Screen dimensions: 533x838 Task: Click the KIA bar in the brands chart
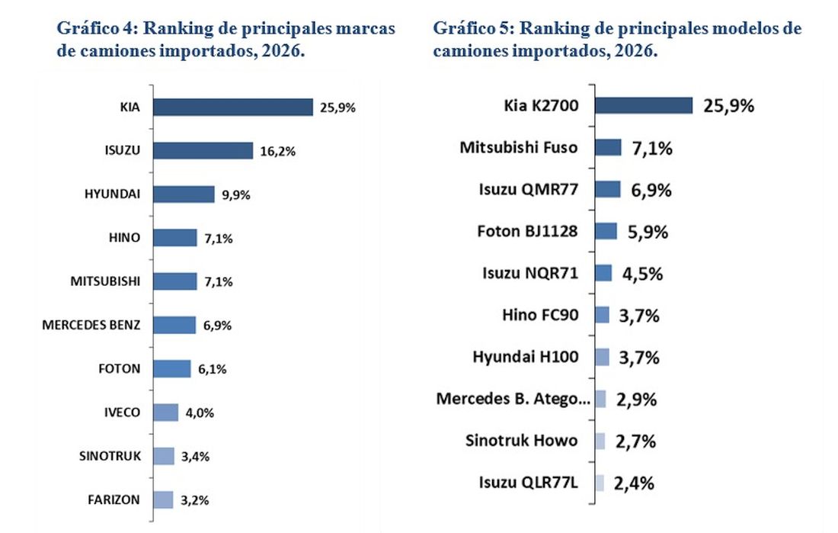pos(232,107)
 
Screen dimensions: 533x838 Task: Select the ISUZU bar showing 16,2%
pos(203,151)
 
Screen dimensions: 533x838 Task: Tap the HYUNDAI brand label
pos(113,194)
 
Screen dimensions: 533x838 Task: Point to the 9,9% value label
pos(236,194)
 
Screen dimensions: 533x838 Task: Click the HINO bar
pos(174,238)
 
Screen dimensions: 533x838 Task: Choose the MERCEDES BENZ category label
pos(91,326)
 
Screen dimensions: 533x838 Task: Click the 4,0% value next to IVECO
pos(199,413)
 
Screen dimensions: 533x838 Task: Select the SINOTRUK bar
pos(163,456)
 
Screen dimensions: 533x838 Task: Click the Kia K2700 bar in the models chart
pos(643,105)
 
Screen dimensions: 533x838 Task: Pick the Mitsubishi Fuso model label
pos(519,147)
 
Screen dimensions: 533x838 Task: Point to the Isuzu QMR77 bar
pos(607,189)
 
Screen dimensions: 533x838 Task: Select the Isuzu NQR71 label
pos(530,273)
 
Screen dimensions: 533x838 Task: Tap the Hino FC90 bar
pos(602,315)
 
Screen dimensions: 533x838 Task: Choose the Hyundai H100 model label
pos(525,357)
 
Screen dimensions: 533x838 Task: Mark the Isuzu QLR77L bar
pos(599,482)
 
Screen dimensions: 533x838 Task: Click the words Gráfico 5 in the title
pos(465,29)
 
